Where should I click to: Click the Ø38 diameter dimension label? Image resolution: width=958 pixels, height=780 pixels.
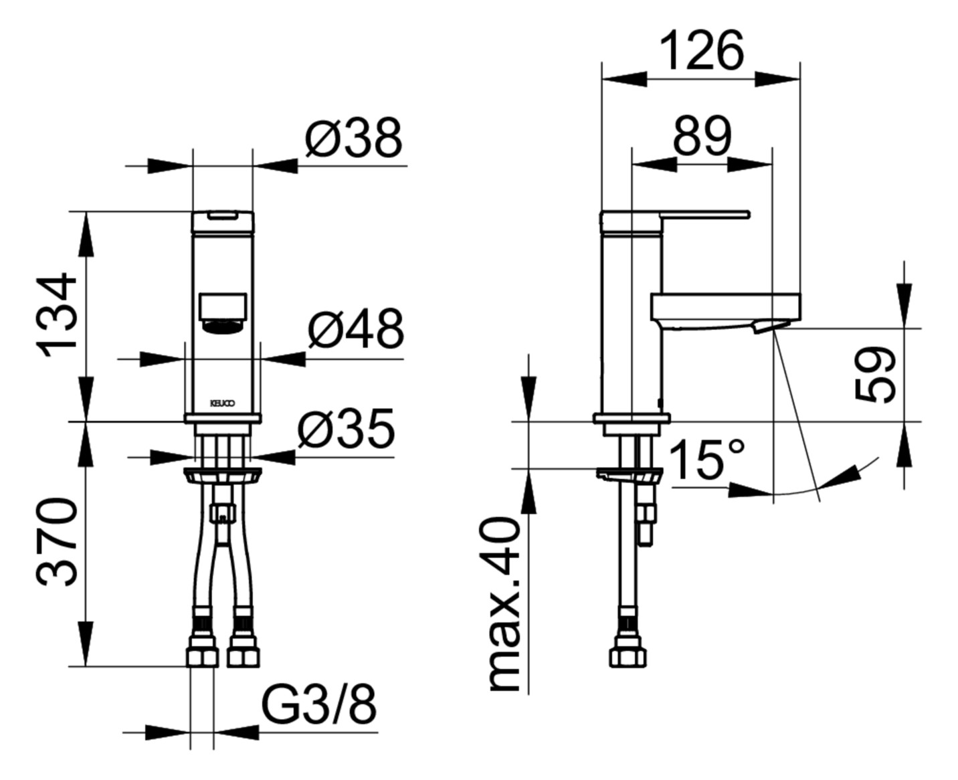coord(354,138)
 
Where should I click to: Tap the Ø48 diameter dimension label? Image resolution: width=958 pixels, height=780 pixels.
coord(356,328)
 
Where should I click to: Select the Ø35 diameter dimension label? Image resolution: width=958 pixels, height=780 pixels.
coord(346,428)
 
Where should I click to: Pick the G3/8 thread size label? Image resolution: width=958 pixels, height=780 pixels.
coord(319,704)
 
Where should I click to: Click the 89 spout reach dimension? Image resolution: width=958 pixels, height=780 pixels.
coord(702,136)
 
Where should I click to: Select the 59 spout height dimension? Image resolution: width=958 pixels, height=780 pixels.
coord(876,375)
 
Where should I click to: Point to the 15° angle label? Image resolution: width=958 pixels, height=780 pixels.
coord(706,460)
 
